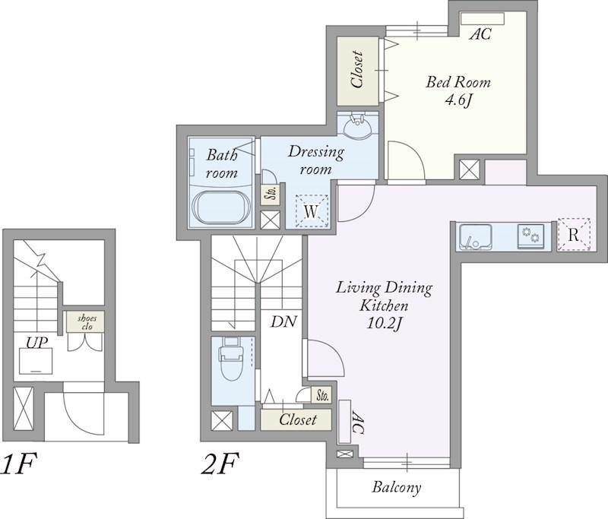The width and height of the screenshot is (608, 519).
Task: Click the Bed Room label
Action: click(458, 82)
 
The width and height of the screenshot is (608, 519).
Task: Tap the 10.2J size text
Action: click(383, 324)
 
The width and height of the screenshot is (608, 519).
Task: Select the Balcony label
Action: click(396, 487)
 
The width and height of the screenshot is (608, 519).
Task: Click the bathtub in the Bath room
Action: click(220, 207)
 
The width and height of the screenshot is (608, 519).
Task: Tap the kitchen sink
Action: click(476, 237)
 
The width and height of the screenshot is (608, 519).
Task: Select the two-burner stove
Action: click(530, 236)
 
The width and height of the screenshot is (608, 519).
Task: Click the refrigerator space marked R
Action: click(574, 235)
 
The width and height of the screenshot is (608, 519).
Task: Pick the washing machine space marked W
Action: click(312, 210)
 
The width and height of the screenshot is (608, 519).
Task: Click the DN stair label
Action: click(283, 321)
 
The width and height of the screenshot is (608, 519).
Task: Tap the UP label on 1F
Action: click(36, 342)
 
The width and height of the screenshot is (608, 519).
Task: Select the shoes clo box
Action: click(85, 322)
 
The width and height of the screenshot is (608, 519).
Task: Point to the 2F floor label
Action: click(219, 464)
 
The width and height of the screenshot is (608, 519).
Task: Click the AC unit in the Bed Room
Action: click(483, 18)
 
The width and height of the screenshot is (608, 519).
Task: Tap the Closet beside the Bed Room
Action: click(357, 71)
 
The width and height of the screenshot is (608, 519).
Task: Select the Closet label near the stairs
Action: click(297, 419)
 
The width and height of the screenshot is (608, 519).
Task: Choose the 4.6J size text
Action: click(458, 100)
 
